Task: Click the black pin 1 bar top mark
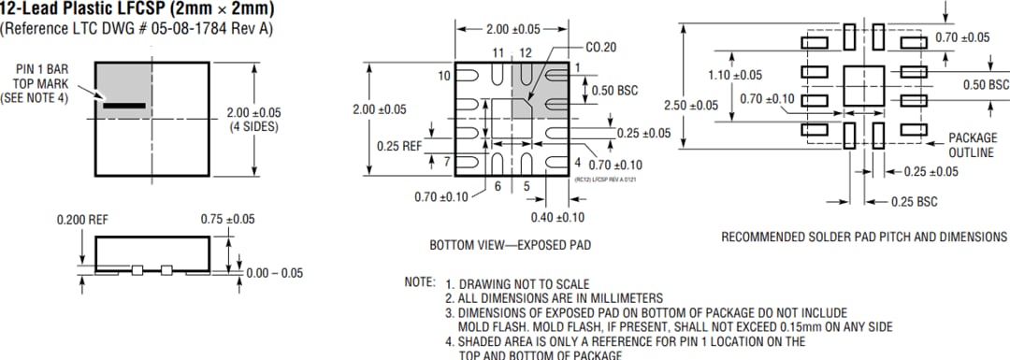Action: (124, 106)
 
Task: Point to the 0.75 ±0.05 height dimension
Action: (227, 219)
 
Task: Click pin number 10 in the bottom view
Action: (442, 75)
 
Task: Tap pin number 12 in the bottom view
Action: (526, 52)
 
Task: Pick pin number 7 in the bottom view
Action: (447, 162)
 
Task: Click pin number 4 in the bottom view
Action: (578, 163)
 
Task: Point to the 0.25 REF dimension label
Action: (401, 146)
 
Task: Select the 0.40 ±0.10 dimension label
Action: (558, 217)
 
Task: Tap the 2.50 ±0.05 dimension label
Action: (692, 105)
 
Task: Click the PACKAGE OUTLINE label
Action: (971, 144)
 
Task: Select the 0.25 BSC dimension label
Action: (915, 201)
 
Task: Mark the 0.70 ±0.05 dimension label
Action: (962, 37)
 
